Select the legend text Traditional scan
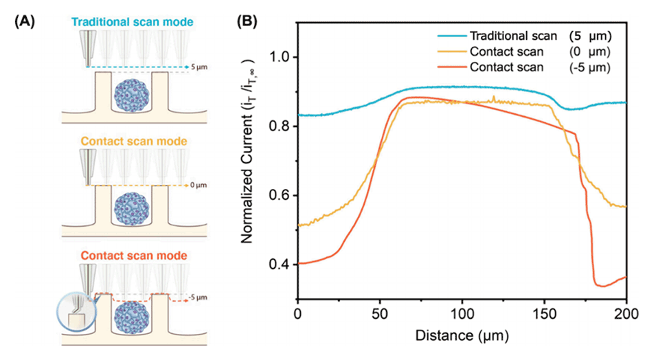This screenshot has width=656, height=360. coord(508,36)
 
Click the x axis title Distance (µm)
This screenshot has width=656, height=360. coord(462,337)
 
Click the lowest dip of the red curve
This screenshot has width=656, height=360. coord(602,285)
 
